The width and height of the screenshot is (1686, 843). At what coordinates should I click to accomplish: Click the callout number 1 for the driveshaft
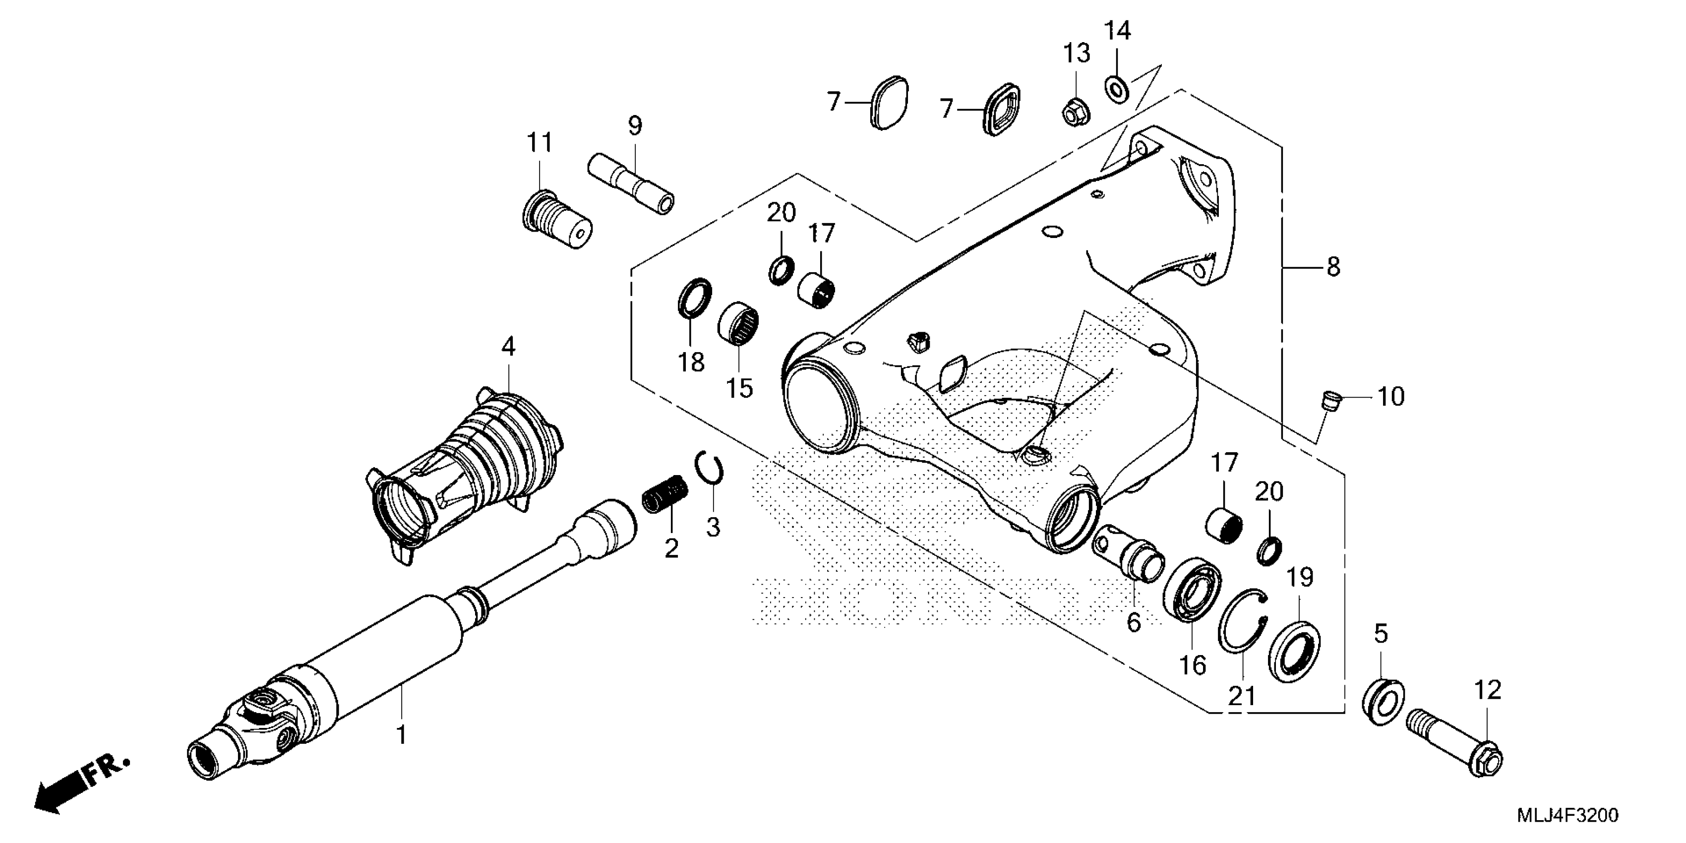pyautogui.click(x=401, y=734)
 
